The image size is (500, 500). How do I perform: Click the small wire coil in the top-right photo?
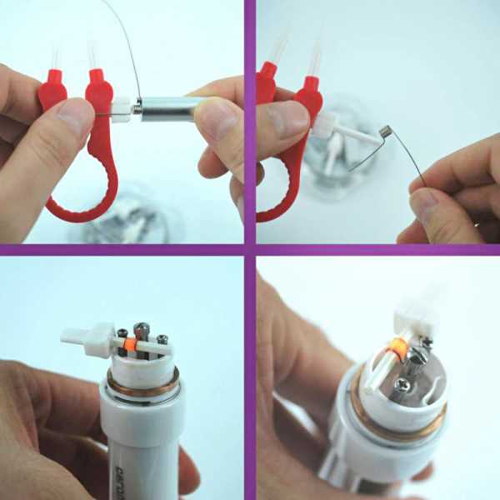click(386, 131)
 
